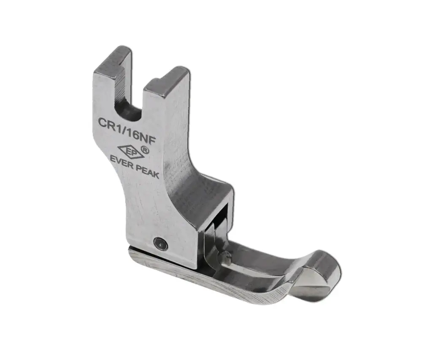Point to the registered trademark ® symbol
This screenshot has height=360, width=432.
(145, 149)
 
